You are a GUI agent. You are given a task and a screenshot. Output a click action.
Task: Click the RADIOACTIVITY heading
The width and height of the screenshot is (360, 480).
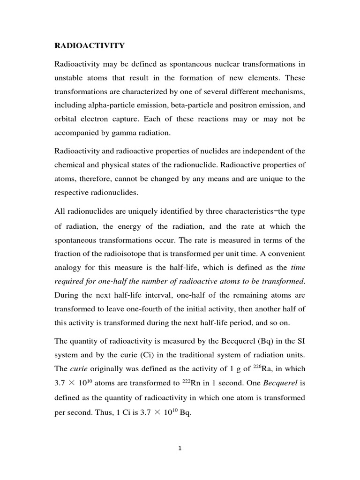tap(90, 45)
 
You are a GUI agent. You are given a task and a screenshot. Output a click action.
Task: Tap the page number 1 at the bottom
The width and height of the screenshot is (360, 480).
tap(180, 448)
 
